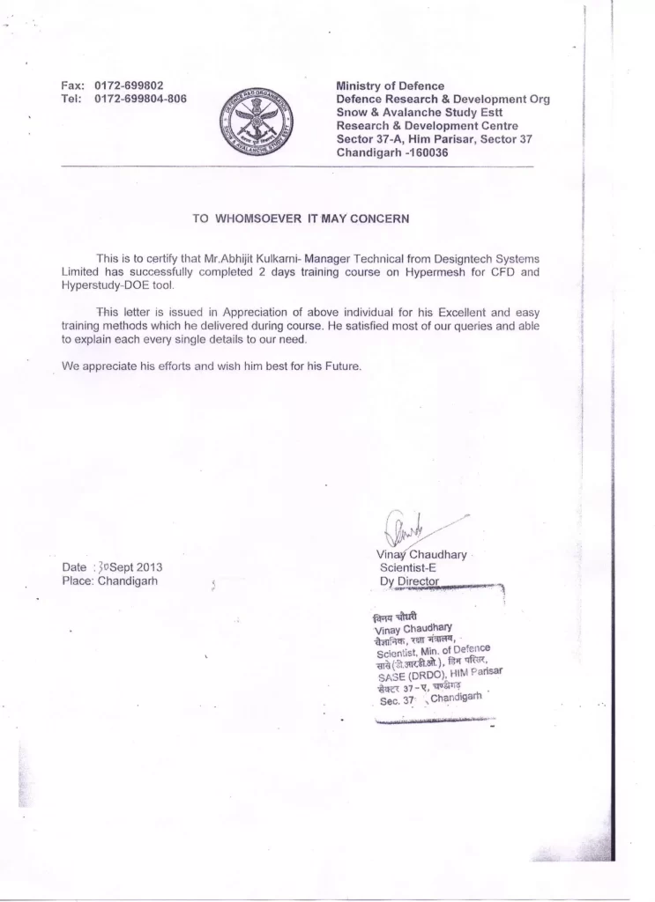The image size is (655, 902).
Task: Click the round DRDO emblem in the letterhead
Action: [x=259, y=122]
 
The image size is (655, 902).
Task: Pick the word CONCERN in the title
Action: [x=382, y=217]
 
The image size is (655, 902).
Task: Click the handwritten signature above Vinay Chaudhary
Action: [x=405, y=529]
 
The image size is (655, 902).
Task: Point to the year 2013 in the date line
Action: [x=145, y=568]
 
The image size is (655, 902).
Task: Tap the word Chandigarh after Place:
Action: [x=128, y=581]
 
